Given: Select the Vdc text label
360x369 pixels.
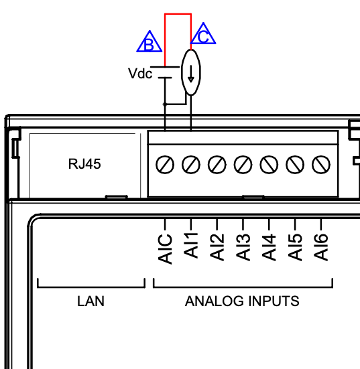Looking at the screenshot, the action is click(140, 74).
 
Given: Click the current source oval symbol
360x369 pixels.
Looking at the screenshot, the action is click(191, 72).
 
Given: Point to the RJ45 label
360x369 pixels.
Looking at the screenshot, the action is click(84, 164).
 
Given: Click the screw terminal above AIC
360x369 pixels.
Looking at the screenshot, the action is click(165, 165).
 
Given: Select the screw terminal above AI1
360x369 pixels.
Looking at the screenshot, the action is click(191, 165).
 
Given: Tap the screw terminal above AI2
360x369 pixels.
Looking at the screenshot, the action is click(217, 165).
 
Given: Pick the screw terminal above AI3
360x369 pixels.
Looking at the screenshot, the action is click(243, 165).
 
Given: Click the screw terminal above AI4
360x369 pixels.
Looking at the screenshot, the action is click(269, 165).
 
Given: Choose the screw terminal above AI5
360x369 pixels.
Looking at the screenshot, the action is click(295, 165).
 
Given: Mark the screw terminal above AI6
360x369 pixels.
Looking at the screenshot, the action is click(321, 165).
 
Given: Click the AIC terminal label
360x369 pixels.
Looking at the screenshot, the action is click(165, 248).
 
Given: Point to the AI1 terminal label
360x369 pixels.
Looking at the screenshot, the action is click(191, 246).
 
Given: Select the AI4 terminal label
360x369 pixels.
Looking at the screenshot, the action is click(269, 247).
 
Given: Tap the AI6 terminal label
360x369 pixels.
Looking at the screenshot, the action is click(321, 247).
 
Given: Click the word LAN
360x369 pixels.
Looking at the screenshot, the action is click(91, 301).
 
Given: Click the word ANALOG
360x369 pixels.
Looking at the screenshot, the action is click(215, 301).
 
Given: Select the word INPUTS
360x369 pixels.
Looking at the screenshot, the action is click(274, 301).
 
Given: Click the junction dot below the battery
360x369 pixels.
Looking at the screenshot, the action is click(165, 104).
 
